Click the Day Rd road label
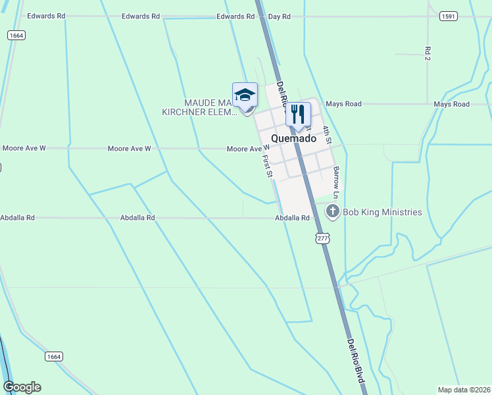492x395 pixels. tap(280, 16)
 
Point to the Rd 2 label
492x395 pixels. tap(428, 54)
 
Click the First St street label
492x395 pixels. tap(266, 165)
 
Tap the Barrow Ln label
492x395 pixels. tap(335, 182)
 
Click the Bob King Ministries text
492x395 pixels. tap(382, 212)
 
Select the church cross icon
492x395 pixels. tap(333, 211)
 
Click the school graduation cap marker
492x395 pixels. tap(245, 95)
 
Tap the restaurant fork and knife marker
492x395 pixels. tap(298, 115)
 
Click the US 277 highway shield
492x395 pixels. tap(322, 238)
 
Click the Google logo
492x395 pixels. tap(22, 387)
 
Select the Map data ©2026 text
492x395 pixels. tap(464, 389)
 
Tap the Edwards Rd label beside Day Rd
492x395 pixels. tap(235, 16)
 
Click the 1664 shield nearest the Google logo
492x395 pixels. tap(54, 356)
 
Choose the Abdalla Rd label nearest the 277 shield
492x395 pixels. tap(292, 217)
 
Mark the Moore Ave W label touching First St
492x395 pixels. tap(248, 149)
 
